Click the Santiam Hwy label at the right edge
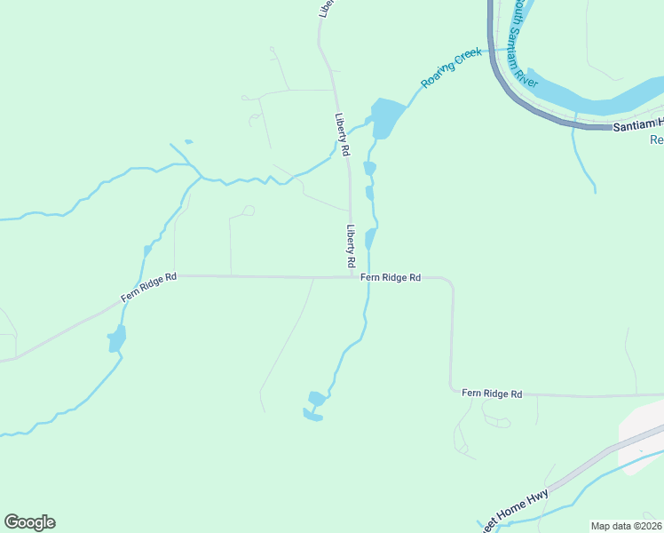click(637, 125)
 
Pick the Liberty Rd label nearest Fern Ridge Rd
click(351, 247)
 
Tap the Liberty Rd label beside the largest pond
click(340, 134)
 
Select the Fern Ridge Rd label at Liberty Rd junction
click(391, 277)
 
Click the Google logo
click(29, 522)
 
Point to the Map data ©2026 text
click(626, 526)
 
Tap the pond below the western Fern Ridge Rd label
click(116, 338)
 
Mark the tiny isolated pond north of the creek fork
click(188, 141)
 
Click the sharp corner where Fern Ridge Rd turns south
click(451, 282)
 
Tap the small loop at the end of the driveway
click(249, 211)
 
